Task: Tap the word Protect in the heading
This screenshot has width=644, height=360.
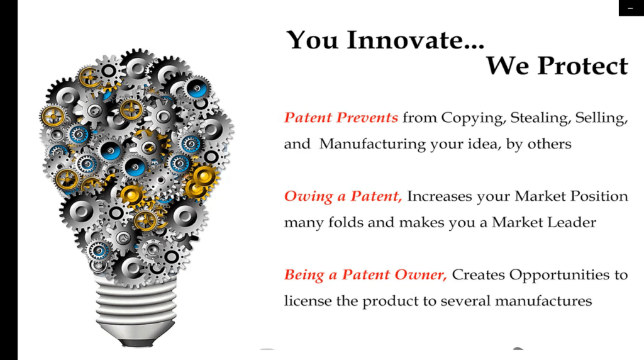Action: pyautogui.click(x=583, y=65)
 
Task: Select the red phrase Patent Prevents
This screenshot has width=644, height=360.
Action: pyautogui.click(x=341, y=118)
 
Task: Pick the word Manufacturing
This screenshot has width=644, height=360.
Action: pyautogui.click(x=372, y=145)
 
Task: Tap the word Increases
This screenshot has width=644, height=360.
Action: pyautogui.click(x=440, y=196)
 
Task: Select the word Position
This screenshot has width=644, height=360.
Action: pyautogui.click(x=599, y=196)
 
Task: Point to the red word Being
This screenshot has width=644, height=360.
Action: pyautogui.click(x=304, y=275)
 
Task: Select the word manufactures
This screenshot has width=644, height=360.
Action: pyautogui.click(x=543, y=301)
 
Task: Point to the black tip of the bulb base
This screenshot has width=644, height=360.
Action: pyautogui.click(x=136, y=342)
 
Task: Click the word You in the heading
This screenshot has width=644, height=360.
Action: pyautogui.click(x=312, y=40)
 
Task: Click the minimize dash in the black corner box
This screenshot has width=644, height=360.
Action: pyautogui.click(x=630, y=9)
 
